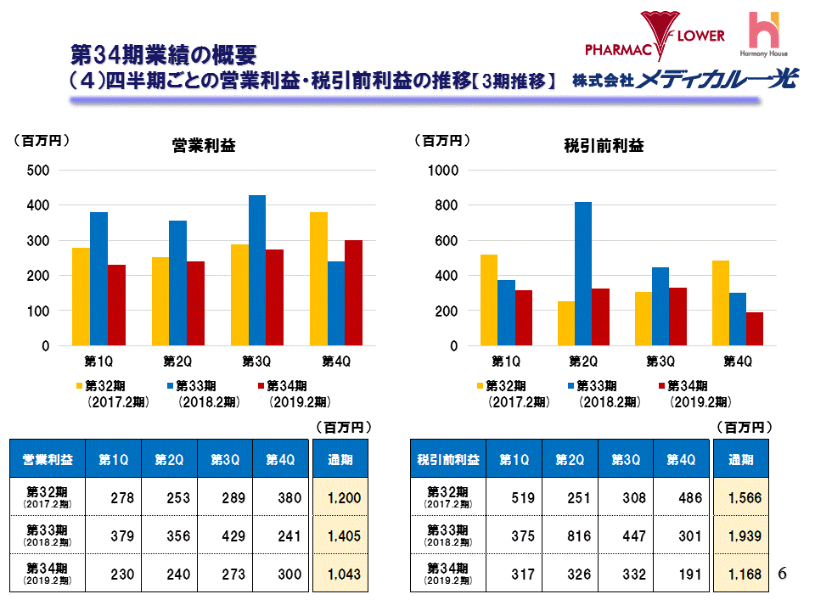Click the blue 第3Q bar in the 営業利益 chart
[257, 271]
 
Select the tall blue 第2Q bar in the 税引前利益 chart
[583, 274]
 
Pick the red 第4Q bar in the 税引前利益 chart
[756, 329]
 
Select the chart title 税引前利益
[604, 146]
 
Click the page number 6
[783, 575]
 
